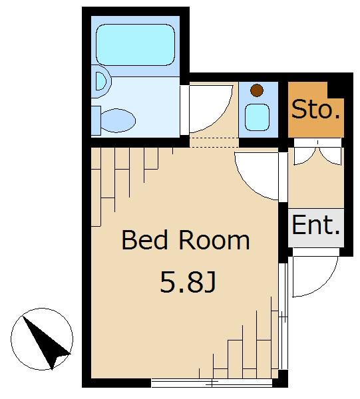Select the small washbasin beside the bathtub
click(100, 82)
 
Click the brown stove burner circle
click(256, 90)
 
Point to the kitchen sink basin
click(256, 116)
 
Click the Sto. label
click(316, 109)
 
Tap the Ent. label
click(316, 225)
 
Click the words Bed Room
click(185, 240)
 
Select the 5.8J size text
click(188, 283)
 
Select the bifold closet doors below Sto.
click(316, 153)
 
